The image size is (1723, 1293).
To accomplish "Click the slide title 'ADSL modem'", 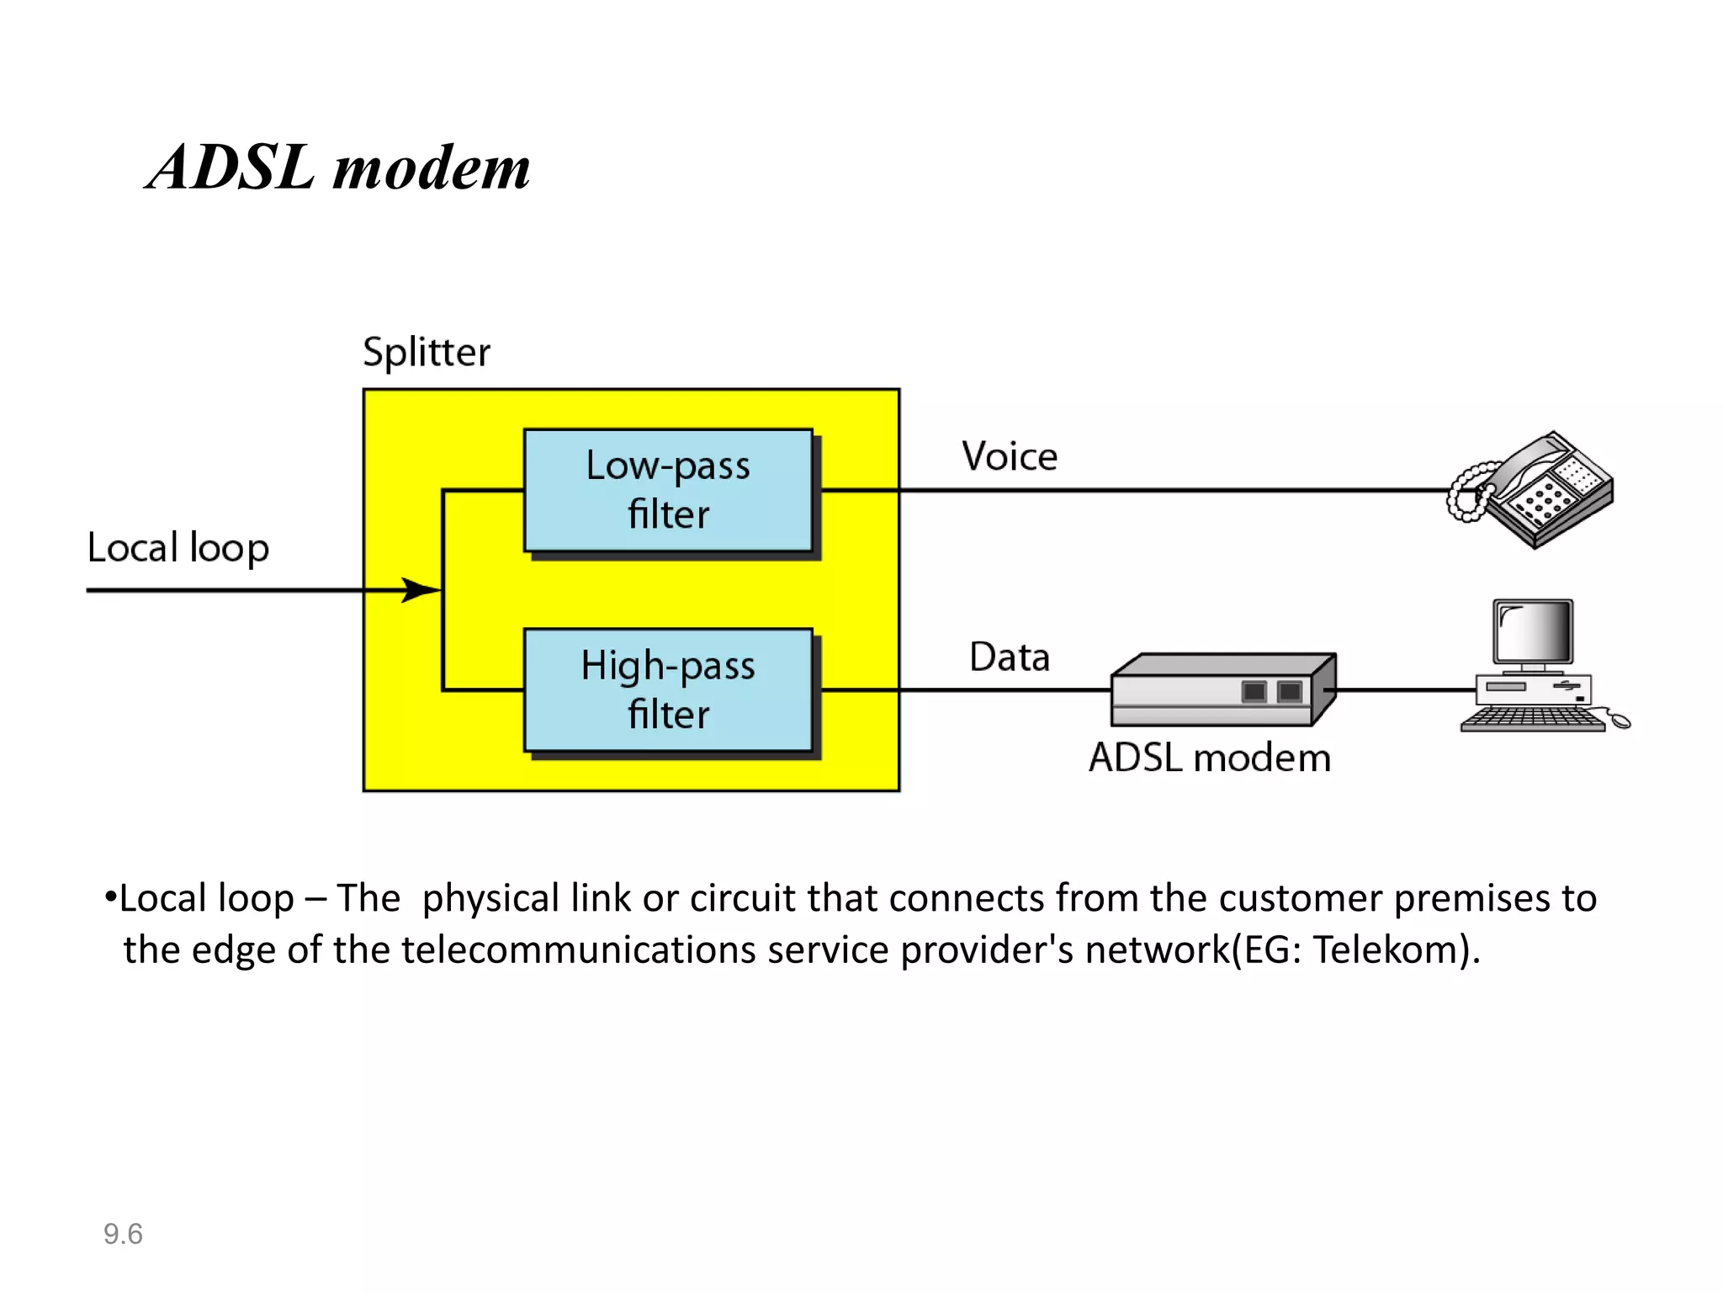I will point(338,168).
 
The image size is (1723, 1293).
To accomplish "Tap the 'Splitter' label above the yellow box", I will point(426,353).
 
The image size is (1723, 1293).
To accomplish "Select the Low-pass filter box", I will point(668,490).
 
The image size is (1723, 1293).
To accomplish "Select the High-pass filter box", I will point(668,689).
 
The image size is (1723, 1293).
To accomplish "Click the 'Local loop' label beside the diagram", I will point(178,548).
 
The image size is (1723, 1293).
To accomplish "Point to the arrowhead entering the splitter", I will point(420,589).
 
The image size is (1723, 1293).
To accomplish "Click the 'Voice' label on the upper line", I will point(1009,457).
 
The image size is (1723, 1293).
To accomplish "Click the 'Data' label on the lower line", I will point(1009,657).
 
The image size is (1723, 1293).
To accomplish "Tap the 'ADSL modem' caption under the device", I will point(1209,758).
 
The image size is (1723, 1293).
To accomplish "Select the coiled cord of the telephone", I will point(1466,492).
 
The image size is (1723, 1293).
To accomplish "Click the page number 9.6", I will point(123,1234).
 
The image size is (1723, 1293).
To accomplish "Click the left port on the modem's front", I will point(1254,692).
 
